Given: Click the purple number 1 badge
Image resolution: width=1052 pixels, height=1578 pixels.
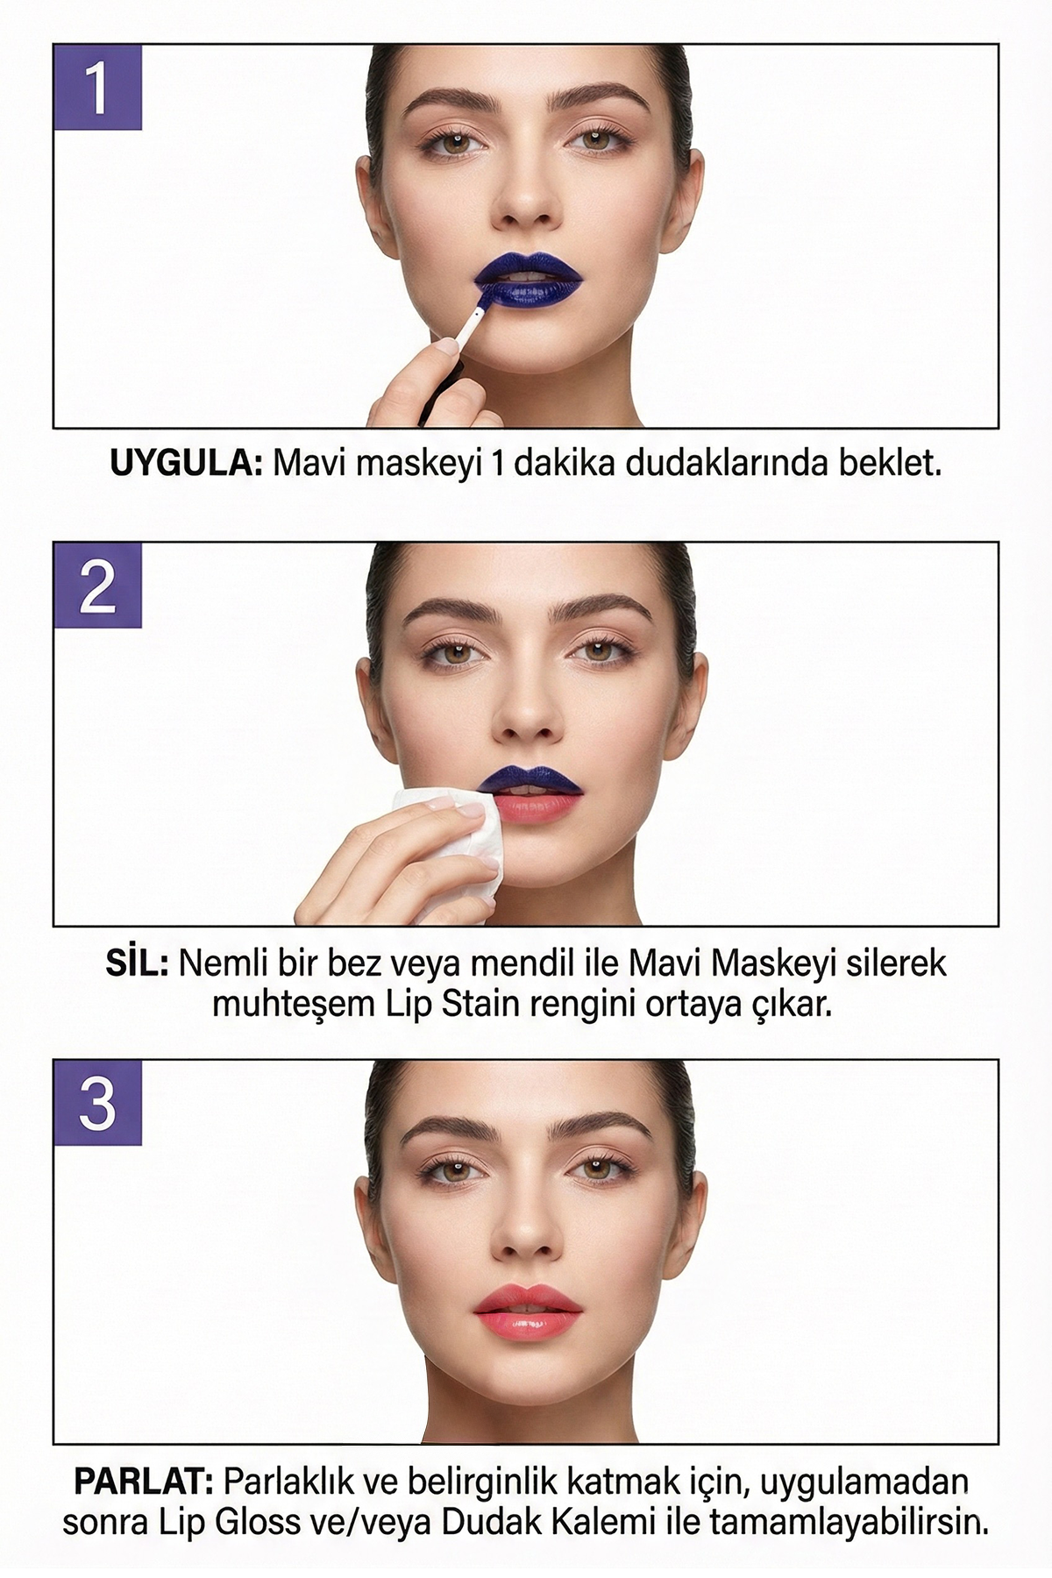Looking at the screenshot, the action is [98, 88].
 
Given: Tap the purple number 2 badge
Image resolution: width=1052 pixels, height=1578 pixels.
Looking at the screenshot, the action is [98, 585].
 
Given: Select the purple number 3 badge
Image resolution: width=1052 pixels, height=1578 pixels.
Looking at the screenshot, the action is [98, 1102].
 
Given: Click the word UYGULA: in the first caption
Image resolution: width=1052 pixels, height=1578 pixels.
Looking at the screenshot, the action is [186, 463].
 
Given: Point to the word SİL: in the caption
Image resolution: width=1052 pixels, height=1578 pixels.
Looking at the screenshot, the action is [137, 963].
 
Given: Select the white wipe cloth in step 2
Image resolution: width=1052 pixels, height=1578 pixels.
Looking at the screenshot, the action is [449, 842].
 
